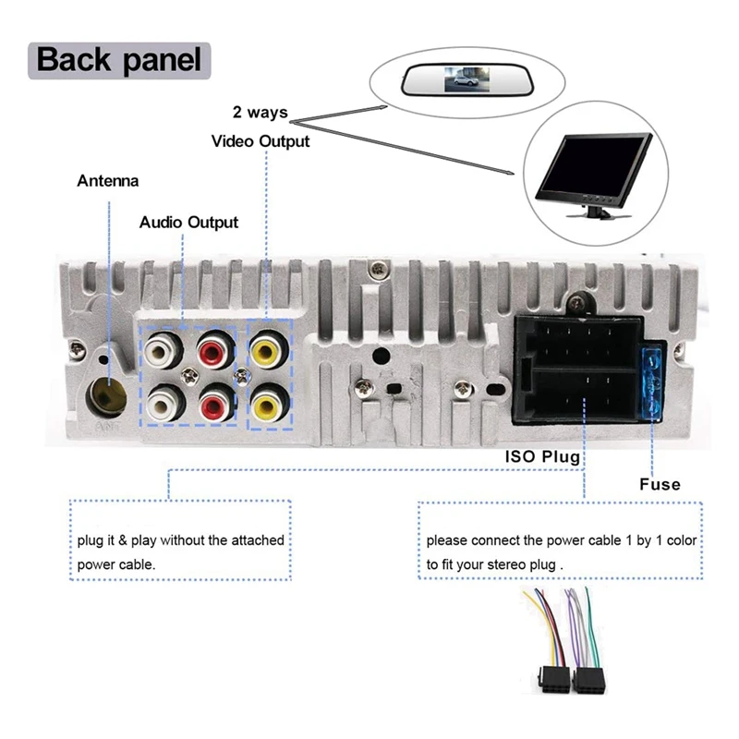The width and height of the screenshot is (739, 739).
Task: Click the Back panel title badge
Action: (x=119, y=60)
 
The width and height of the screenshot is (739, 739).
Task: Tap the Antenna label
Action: (x=107, y=181)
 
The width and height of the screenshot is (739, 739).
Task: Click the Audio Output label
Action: (x=188, y=223)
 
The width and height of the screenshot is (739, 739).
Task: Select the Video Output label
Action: (x=260, y=141)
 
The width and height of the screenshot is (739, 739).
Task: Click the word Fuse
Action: (x=660, y=484)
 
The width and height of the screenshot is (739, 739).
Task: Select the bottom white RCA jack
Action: (x=164, y=404)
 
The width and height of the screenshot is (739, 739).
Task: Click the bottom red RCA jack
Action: (x=215, y=405)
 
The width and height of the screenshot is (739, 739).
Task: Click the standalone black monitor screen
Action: (x=596, y=171)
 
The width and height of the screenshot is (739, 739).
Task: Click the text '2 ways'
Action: (x=260, y=113)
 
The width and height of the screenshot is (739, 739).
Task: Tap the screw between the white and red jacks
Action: (x=189, y=376)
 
